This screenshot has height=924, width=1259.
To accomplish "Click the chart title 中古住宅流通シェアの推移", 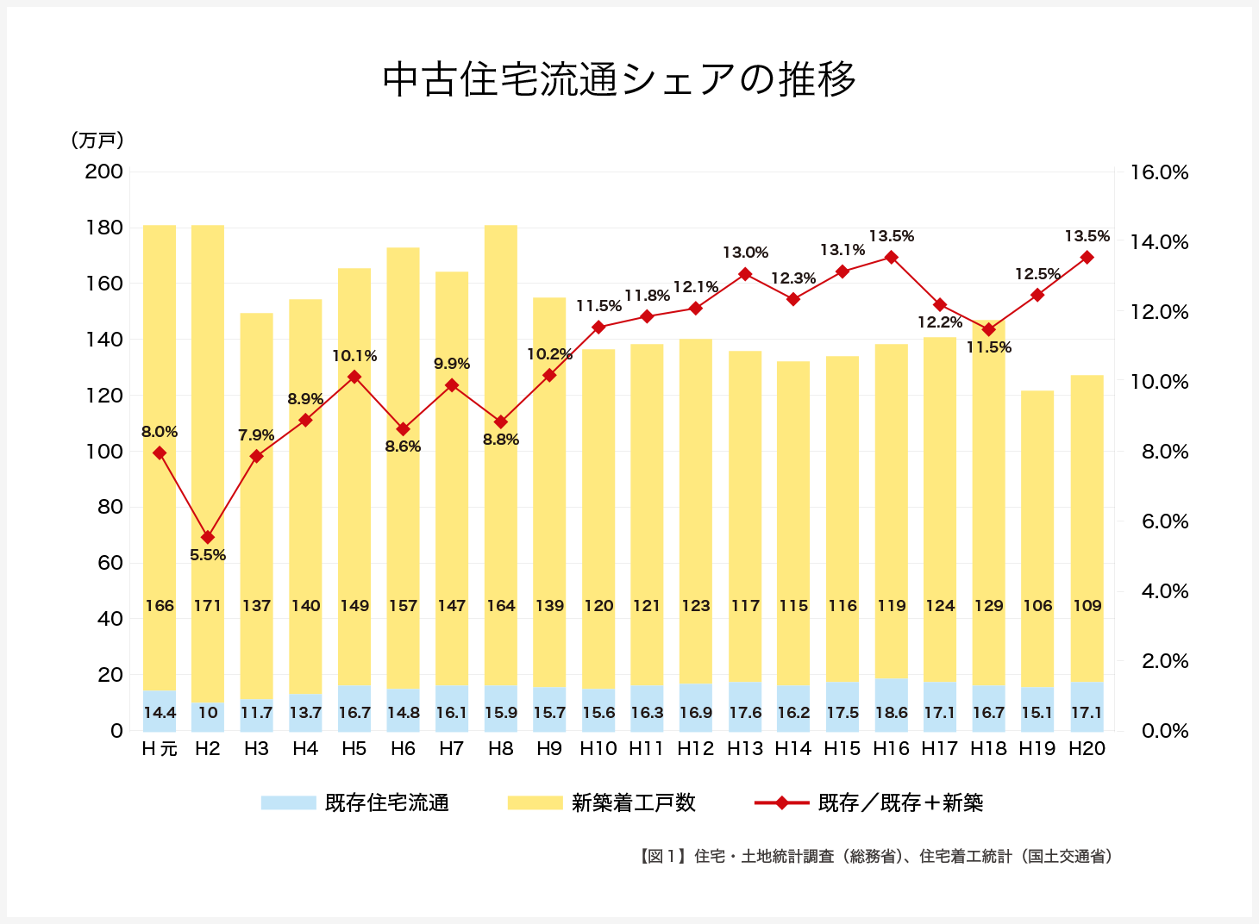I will click(x=619, y=79).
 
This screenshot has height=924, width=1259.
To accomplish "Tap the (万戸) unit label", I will click(x=97, y=140).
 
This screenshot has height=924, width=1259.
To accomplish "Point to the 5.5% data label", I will click(x=208, y=555).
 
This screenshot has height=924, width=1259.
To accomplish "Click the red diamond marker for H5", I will click(x=354, y=377).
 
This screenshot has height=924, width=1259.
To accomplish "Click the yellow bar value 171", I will click(x=208, y=606).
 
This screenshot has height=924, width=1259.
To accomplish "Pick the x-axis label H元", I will click(x=160, y=749).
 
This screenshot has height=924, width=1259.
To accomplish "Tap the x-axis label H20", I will click(x=1087, y=749).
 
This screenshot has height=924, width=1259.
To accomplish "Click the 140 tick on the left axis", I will click(x=104, y=340).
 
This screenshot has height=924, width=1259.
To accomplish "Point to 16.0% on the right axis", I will click(x=1159, y=172).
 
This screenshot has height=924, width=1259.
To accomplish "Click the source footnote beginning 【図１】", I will click(x=876, y=856).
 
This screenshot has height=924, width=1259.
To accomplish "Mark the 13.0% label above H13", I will click(x=745, y=253).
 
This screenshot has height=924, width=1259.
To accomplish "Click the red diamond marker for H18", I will click(x=989, y=329).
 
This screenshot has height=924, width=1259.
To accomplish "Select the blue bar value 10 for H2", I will click(x=208, y=713).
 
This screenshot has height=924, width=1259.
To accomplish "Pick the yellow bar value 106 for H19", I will click(x=1037, y=606).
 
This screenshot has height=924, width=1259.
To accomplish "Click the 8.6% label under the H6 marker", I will click(x=403, y=446).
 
